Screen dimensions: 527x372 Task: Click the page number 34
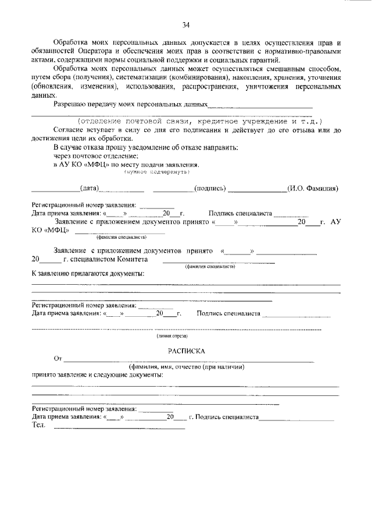(x=186, y=24)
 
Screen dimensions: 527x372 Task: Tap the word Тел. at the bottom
(x=39, y=426)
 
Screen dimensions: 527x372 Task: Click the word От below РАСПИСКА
(x=57, y=359)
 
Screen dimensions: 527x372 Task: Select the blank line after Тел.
(x=119, y=428)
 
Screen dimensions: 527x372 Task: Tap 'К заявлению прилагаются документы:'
(x=88, y=273)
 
